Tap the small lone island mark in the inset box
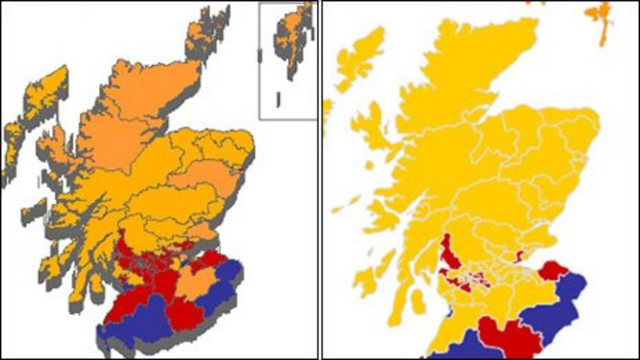coord(278,99)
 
